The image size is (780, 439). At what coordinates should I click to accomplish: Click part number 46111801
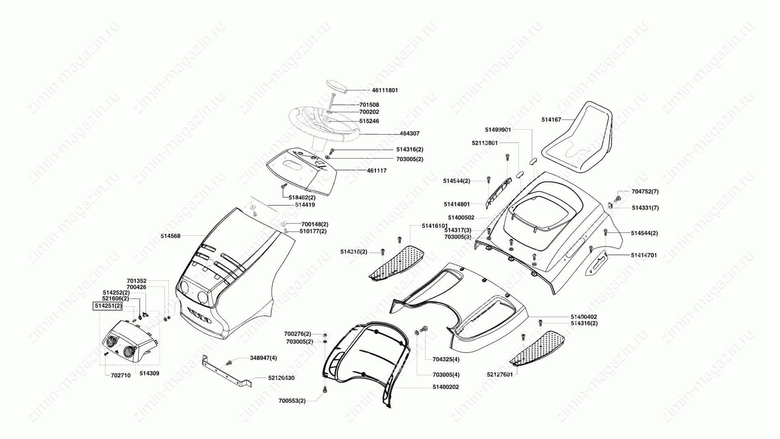[x=385, y=90]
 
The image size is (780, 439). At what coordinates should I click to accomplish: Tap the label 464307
[x=409, y=133]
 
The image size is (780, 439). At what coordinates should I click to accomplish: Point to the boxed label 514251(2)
[x=108, y=306]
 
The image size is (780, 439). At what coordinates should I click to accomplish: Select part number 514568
[x=170, y=236]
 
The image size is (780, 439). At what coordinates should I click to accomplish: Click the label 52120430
[x=281, y=378]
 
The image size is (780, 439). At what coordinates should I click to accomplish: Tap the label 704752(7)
[x=645, y=191]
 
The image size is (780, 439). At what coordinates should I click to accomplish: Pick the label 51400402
[x=584, y=317]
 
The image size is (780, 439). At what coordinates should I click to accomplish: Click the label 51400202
[x=446, y=387]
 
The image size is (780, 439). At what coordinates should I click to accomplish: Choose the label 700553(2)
[x=292, y=401]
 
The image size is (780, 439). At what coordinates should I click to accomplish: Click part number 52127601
[x=500, y=374]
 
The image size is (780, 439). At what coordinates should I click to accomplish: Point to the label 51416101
[x=435, y=226]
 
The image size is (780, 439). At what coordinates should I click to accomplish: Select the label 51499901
[x=498, y=130]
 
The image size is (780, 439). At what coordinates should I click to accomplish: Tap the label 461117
[x=377, y=171]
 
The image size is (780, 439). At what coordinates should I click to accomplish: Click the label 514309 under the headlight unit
[x=149, y=373]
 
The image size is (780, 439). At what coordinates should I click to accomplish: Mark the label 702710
[x=121, y=376]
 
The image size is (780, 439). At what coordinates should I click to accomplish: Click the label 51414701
[x=644, y=255]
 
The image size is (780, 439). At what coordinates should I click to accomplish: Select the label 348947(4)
[x=263, y=358]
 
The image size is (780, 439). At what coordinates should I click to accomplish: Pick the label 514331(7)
[x=646, y=208]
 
